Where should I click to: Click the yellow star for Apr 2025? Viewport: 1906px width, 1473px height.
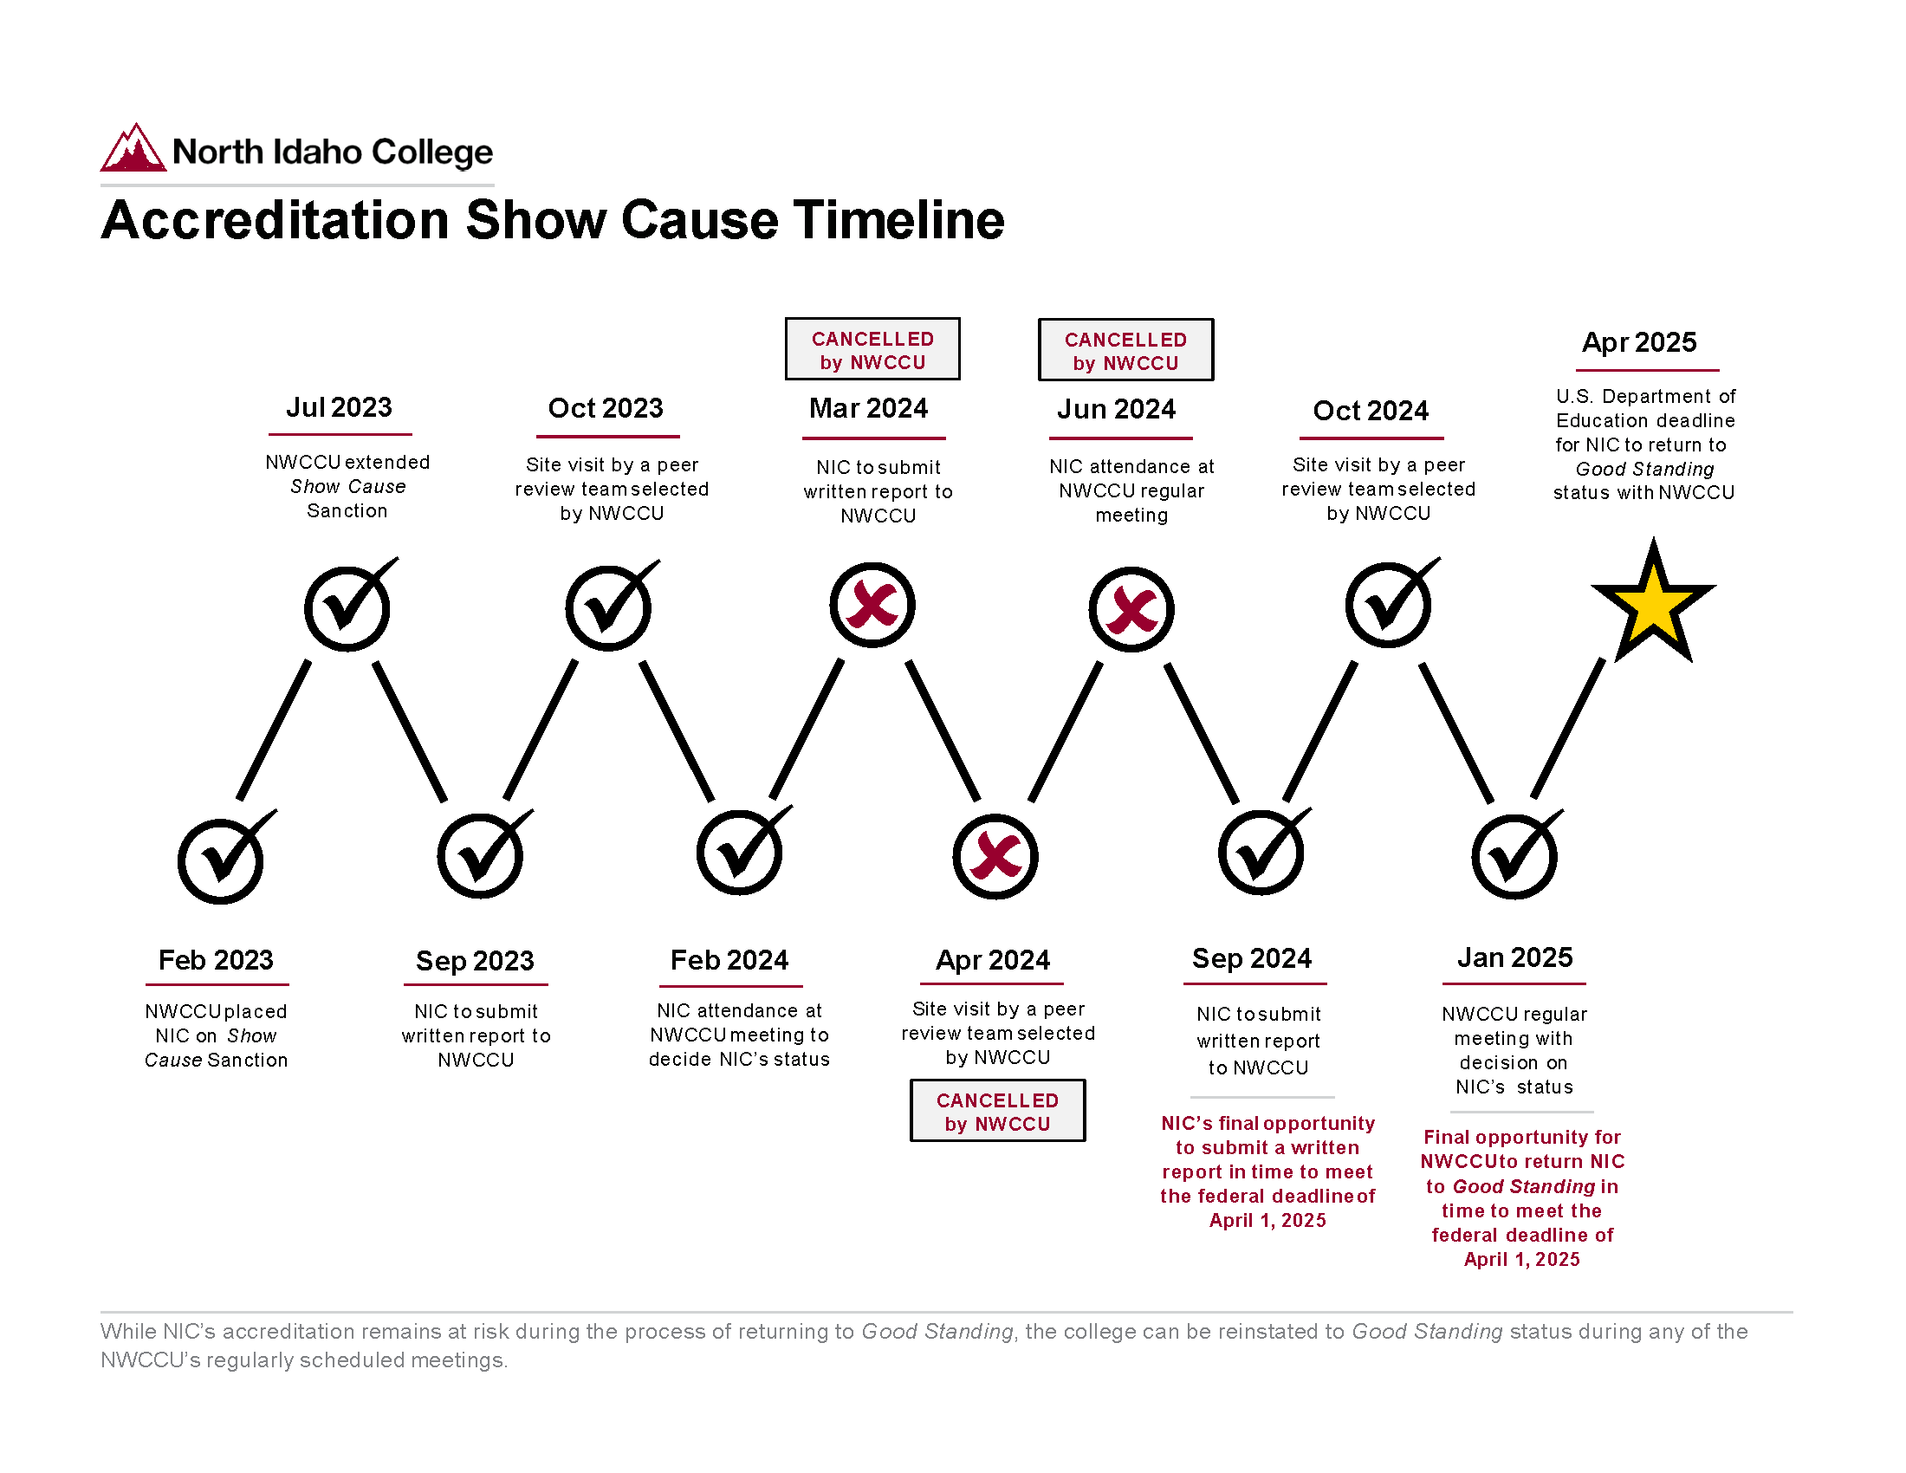point(1653,605)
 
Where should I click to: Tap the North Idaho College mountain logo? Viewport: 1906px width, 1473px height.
point(133,148)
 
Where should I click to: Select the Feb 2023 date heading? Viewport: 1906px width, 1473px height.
point(216,960)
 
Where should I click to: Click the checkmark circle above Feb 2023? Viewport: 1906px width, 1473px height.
point(221,860)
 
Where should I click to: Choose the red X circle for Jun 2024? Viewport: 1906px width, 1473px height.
point(1131,609)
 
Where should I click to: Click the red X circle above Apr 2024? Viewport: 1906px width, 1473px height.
point(995,856)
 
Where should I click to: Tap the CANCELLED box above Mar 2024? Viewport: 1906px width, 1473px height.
point(872,349)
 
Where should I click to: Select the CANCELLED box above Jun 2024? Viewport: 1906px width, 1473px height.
point(1125,350)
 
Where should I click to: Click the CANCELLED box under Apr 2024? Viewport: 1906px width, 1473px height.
point(997,1111)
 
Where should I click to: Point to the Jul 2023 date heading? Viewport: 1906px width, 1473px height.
point(340,407)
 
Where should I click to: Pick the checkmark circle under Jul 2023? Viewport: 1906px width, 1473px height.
point(347,608)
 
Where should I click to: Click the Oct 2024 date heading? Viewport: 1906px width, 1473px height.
point(1371,411)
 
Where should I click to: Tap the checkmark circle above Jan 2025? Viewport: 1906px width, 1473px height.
point(1514,857)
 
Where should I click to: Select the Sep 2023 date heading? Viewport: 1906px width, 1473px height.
point(475,961)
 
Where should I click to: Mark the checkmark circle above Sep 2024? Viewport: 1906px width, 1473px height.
point(1261,853)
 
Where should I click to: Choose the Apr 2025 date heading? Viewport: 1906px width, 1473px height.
point(1639,342)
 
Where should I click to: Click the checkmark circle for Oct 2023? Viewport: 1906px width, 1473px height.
point(608,608)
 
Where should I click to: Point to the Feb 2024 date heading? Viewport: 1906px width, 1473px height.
point(729,960)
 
